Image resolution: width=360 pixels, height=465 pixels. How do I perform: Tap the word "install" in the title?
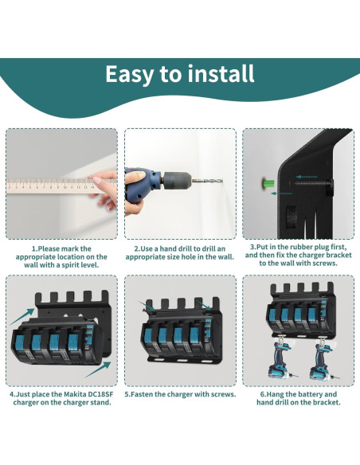pos(221,74)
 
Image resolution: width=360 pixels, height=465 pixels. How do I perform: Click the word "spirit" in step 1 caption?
pos(80,265)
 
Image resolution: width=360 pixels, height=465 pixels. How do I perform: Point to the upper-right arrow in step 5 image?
pos(208,303)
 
